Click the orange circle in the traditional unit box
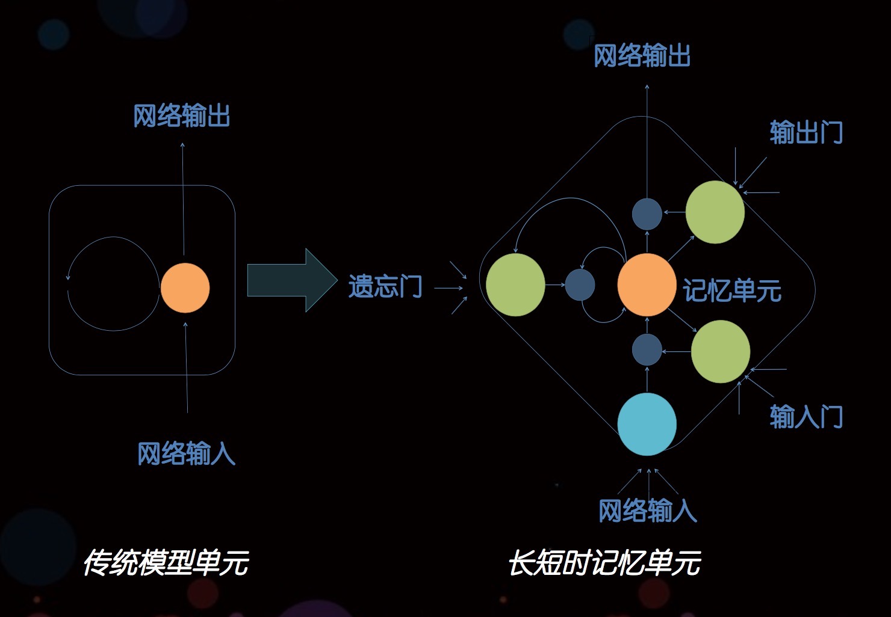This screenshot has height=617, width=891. [185, 287]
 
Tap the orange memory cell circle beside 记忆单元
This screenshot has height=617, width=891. [647, 284]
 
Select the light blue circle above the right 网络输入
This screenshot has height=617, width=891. [647, 424]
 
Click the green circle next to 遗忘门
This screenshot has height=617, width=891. [515, 284]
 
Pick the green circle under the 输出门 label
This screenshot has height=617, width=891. [715, 212]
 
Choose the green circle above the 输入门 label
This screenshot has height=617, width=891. [720, 351]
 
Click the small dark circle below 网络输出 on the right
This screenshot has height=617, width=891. [647, 213]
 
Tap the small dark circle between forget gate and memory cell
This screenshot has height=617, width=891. [580, 284]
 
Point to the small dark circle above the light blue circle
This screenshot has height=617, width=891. [647, 349]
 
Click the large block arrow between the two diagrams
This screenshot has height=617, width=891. [292, 280]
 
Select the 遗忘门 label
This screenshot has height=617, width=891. [385, 286]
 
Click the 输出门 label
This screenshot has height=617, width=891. [806, 132]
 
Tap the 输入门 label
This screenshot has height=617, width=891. [806, 416]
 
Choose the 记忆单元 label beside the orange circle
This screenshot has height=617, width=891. [731, 290]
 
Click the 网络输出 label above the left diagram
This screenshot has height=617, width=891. [181, 115]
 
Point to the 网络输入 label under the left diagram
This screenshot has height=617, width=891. [186, 453]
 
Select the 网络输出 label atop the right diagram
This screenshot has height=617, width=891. [642, 56]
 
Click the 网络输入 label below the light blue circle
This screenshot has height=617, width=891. [647, 511]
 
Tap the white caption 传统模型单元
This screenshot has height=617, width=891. [166, 563]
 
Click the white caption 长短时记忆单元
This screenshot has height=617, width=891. [604, 563]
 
